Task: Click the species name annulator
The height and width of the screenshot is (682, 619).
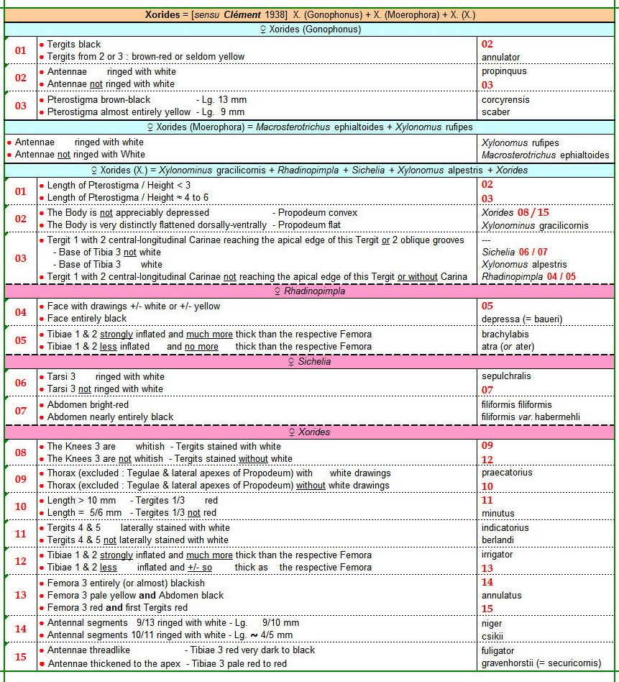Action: click(x=500, y=57)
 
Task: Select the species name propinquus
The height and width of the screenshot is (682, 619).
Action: click(x=504, y=71)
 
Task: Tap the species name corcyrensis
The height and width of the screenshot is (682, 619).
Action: click(x=505, y=99)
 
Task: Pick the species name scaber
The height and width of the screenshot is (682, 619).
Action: click(x=495, y=112)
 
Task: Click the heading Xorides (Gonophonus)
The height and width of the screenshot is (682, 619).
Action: click(x=309, y=29)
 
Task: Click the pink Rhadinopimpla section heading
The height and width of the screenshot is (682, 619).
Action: click(x=309, y=291)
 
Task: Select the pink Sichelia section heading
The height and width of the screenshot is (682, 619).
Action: click(x=309, y=361)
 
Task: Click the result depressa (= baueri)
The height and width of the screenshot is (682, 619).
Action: click(x=522, y=318)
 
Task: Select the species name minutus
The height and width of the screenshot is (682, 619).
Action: click(x=498, y=513)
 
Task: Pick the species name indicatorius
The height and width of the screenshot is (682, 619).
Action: click(x=505, y=527)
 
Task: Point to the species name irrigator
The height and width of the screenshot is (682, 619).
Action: click(x=497, y=555)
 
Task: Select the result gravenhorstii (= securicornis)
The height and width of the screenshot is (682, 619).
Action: click(x=541, y=663)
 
